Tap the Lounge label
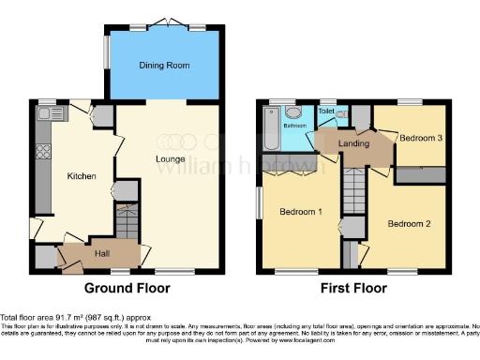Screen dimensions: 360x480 click(171, 158)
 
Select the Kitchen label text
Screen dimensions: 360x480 click(81, 175)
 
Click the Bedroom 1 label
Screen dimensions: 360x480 click(301, 212)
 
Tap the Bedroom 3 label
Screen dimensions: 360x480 click(422, 139)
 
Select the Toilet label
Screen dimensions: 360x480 click(326, 111)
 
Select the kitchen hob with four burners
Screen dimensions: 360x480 click(42, 149)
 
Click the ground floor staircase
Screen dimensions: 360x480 click(126, 225)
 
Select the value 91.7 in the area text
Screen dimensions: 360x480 click(61, 319)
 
